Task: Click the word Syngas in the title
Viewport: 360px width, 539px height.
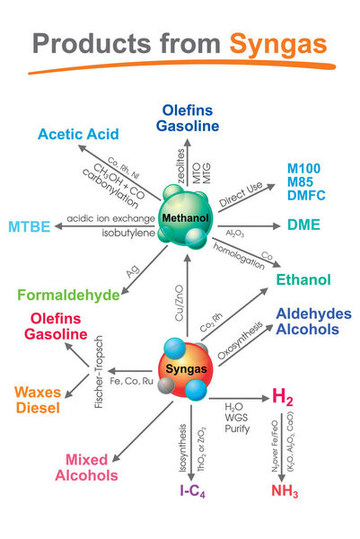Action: point(278,43)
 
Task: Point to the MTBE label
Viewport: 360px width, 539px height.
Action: point(29,225)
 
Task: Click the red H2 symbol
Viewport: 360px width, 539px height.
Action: point(284,397)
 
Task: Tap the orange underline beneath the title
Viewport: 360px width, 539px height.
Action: point(180,68)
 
